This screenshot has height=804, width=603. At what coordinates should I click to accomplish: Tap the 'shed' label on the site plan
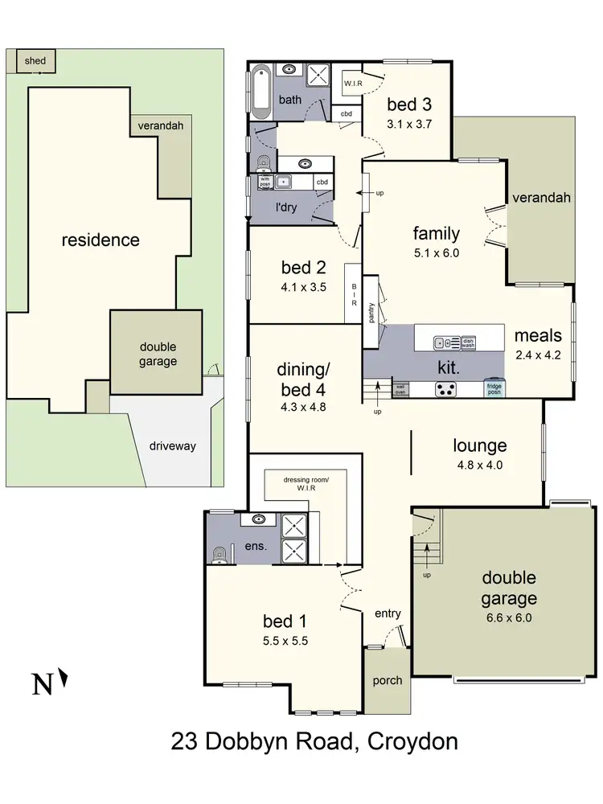[x=35, y=60]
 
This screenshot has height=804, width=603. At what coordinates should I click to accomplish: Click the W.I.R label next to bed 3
[x=354, y=83]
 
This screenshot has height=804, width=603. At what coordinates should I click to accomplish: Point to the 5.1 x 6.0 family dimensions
[x=437, y=252]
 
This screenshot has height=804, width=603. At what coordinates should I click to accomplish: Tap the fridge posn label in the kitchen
[x=494, y=388]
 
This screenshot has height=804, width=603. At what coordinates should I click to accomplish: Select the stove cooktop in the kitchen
[x=446, y=388]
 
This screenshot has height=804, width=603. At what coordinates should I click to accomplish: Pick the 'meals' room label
[x=539, y=335]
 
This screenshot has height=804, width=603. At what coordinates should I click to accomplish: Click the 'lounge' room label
[x=480, y=445]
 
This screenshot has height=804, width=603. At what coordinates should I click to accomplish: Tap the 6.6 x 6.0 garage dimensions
[x=509, y=618]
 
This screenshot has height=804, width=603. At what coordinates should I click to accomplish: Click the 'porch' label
[x=387, y=679]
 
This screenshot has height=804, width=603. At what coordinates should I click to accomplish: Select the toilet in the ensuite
[x=219, y=554]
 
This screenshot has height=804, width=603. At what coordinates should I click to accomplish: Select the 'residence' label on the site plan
[x=100, y=240]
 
